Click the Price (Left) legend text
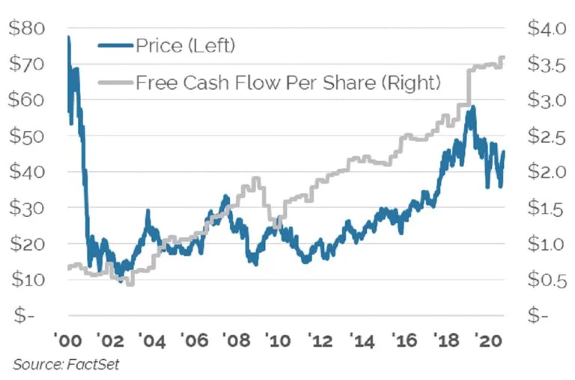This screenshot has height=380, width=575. [185, 46]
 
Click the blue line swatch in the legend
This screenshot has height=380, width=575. [115, 46]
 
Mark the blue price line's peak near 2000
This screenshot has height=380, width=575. [68, 37]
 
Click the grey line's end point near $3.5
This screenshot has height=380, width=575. [503, 58]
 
